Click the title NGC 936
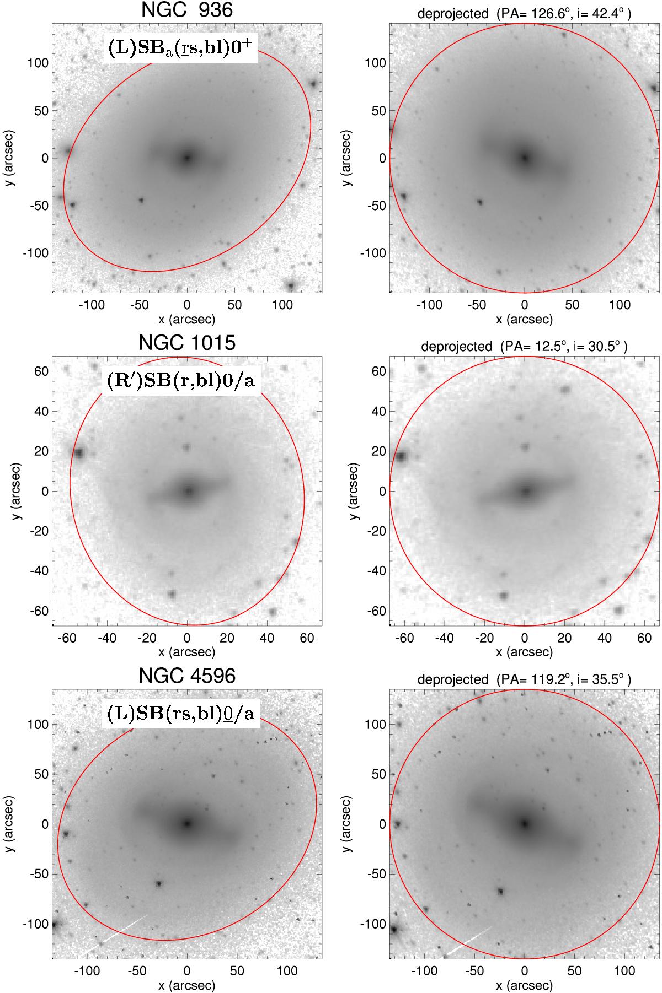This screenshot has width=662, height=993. pos(187,10)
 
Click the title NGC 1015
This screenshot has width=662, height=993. pos(187,343)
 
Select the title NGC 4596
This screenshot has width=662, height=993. pos(187,676)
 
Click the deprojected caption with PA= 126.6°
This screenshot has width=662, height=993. pos(524,14)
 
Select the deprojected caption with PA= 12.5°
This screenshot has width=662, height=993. pos(524,346)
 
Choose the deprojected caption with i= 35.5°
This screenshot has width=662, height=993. pos(524,679)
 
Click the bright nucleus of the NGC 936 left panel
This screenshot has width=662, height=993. pos(187,158)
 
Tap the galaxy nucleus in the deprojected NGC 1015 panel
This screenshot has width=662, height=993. pos(525,490)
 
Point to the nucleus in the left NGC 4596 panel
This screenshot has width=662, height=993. pos(187,824)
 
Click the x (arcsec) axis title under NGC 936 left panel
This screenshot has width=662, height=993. pos(187,319)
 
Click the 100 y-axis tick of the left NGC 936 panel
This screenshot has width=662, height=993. pos(38,63)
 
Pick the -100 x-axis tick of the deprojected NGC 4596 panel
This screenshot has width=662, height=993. pos(424,970)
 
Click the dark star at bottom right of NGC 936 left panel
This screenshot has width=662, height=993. pos(291,285)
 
